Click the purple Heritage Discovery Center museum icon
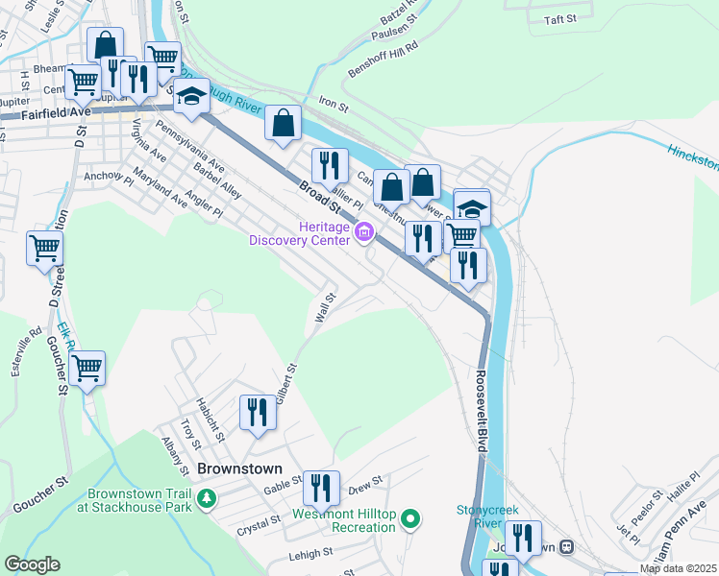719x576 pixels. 364,232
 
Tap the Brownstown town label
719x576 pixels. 239,469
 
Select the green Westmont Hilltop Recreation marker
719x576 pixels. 410,519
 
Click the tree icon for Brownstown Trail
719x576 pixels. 205,498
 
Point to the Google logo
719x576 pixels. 32,564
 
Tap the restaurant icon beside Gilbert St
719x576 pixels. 256,413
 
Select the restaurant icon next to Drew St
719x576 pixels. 321,488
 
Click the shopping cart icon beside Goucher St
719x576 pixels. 87,368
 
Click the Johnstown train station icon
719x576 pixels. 566,547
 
